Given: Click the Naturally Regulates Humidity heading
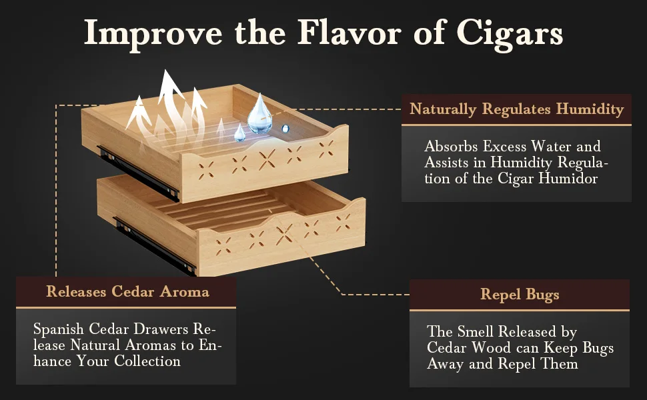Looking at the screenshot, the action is pos(517,109).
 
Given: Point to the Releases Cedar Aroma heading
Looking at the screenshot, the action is pos(127,291).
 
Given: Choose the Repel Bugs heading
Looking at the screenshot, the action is pos(520,294).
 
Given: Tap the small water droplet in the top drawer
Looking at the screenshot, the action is pos(239,132).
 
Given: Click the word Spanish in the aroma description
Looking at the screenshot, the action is pos(59,330).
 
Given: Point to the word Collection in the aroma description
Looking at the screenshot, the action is pos(147,361).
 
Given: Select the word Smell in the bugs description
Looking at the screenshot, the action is pos(479,331).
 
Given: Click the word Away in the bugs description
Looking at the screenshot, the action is pos(445,363).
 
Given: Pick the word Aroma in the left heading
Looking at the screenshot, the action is pos(184,291).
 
